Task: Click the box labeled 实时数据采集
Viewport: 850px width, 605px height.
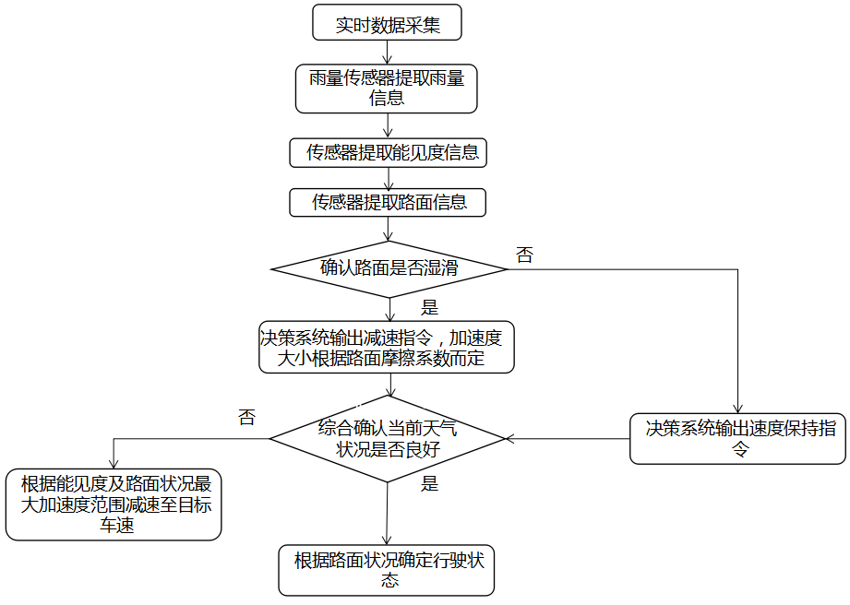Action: coord(387,23)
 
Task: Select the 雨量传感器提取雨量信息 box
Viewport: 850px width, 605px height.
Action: coord(387,89)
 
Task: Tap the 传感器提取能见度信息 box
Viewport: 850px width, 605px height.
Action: coord(387,153)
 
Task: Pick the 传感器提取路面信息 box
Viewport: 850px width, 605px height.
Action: coord(387,202)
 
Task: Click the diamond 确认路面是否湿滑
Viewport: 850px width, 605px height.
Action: coord(389,269)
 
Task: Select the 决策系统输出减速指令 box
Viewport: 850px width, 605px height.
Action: coord(387,348)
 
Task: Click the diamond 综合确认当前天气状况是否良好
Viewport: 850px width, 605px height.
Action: coord(388,439)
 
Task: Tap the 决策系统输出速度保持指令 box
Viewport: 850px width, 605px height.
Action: coord(737,438)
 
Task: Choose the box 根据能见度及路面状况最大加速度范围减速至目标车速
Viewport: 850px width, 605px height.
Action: coord(114,504)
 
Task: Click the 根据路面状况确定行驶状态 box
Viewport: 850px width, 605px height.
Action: coord(387,570)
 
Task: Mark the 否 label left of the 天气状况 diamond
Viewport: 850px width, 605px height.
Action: coord(246,417)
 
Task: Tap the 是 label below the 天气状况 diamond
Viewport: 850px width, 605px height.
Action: coord(429,483)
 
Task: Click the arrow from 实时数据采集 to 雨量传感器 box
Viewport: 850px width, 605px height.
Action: coord(387,53)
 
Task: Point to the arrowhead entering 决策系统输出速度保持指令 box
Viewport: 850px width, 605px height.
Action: coord(737,409)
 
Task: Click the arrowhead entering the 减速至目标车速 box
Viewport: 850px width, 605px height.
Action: coord(114,466)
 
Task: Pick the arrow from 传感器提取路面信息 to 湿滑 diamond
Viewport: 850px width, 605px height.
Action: coord(388,229)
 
